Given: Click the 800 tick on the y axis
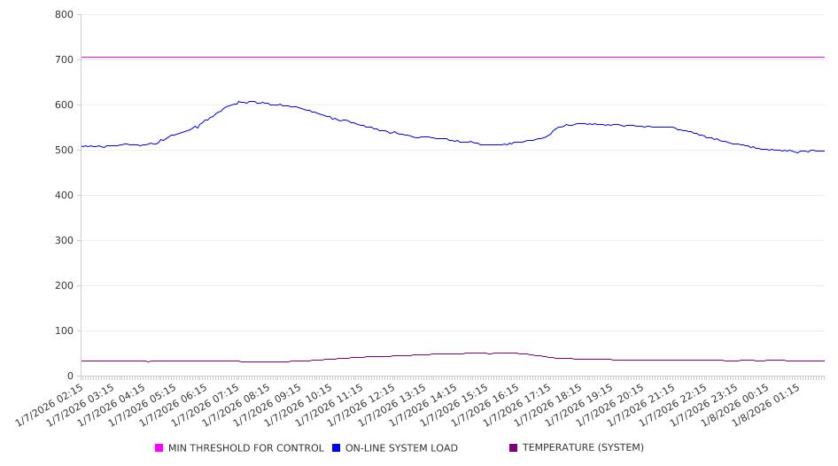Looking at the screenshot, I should (63, 14).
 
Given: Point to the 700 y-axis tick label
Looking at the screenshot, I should (63, 59).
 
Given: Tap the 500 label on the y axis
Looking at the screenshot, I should (63, 150).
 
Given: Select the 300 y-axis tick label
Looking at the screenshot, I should (63, 240).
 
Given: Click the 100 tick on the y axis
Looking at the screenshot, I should (63, 330).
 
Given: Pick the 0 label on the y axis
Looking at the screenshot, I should (70, 376).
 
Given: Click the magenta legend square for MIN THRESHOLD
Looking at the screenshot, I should (159, 448).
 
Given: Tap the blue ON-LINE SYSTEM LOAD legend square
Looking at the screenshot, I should (337, 448).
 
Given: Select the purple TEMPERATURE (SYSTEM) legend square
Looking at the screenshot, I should (514, 448).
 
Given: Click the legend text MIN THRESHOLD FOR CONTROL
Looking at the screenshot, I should (246, 448).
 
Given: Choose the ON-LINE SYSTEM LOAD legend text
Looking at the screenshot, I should (401, 448).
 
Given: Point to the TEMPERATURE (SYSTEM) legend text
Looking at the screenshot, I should (583, 448).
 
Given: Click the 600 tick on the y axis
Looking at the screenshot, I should (63, 105).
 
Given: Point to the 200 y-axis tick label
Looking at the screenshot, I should (63, 285).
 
